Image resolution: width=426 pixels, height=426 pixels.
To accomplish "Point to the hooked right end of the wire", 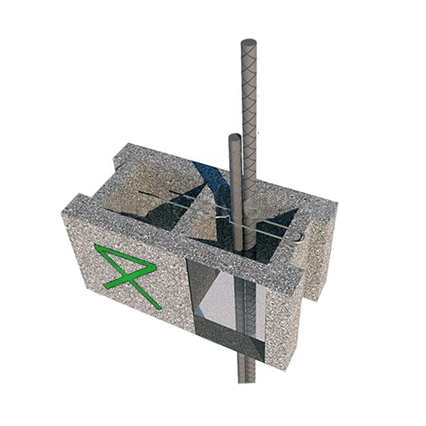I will (x=301, y=236).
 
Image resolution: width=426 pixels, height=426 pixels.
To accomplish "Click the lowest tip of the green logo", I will (x=158, y=307).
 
